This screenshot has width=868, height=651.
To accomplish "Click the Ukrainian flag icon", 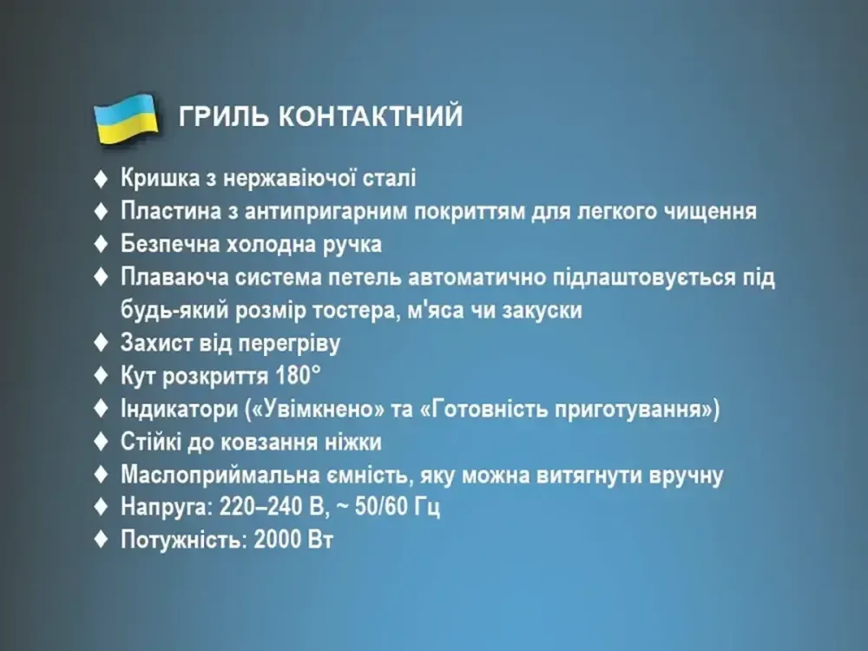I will [125, 118].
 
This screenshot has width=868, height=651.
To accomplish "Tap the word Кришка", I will [157, 179].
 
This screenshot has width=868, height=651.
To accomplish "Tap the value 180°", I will [295, 377].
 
